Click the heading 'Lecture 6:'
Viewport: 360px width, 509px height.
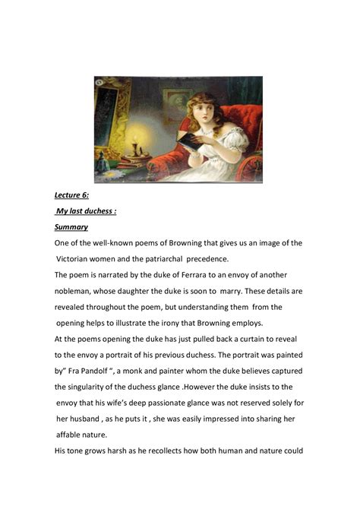coord(74,195)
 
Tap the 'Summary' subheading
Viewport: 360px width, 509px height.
coord(71,227)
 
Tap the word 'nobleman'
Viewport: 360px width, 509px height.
coord(80,291)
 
